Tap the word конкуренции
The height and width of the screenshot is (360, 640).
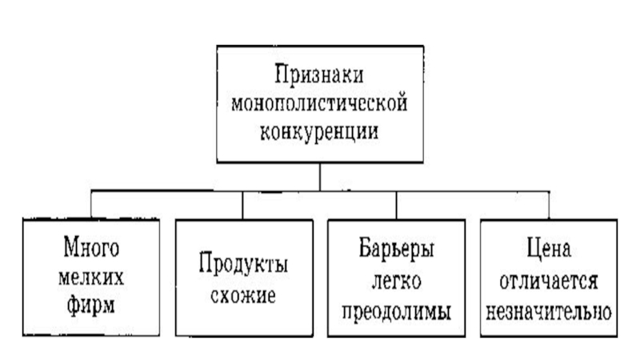pyautogui.click(x=320, y=129)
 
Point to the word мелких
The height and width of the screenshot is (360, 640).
pyautogui.click(x=92, y=275)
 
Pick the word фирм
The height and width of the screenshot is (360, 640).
pyautogui.click(x=92, y=303)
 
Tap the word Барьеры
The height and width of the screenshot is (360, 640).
pyautogui.click(x=398, y=248)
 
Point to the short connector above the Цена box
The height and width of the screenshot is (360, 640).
pyautogui.click(x=548, y=203)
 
